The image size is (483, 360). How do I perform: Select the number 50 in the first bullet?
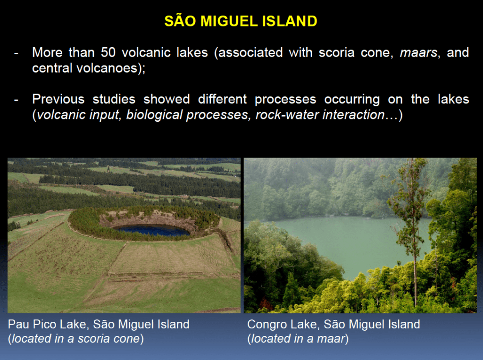coord(108,52)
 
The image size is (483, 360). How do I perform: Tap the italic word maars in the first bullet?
coord(419,53)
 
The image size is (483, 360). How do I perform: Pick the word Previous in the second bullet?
coord(58,99)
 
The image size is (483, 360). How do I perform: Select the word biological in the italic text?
coord(155,115)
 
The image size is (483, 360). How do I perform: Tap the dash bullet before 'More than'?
coord(17,54)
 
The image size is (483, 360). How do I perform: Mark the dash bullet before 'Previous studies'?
coord(17,100)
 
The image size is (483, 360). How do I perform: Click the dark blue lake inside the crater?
coord(152,231)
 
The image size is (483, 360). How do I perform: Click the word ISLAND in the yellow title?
coord(290,21)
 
